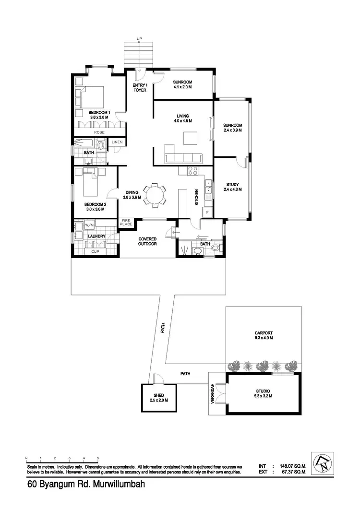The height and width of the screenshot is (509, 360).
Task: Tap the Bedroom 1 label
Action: [x=99, y=112]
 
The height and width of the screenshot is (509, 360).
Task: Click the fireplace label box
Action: [x=125, y=222]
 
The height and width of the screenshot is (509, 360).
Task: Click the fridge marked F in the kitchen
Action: [x=207, y=212]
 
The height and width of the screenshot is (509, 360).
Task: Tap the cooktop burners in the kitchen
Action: [x=192, y=171]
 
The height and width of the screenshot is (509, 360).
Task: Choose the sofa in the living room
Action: [x=183, y=157]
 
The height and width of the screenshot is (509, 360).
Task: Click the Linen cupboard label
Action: [x=117, y=142]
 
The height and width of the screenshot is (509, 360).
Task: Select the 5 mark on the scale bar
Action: [x=98, y=458]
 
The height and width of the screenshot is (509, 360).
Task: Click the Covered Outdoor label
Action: [x=148, y=241]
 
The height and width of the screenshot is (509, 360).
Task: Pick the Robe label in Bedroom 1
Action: [x=99, y=132]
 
